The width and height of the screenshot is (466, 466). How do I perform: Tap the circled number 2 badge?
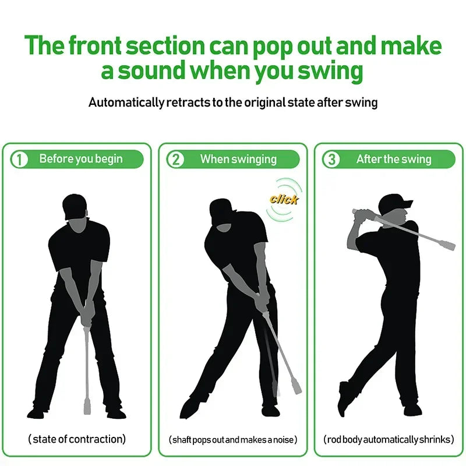coord(175,160)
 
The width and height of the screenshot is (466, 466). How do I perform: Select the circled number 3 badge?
coord(331,160)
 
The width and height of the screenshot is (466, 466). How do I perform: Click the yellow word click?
coord(284,199)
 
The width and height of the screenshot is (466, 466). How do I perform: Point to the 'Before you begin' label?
coord(81,159)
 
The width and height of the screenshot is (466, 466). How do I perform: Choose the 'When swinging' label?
coord(238,159)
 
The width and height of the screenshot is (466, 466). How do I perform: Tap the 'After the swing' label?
coord(394,159)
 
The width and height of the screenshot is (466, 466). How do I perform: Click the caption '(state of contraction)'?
coord(77,439)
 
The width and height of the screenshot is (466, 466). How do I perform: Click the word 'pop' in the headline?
coord(274,46)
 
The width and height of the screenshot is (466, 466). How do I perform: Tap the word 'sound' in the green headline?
coord(150,72)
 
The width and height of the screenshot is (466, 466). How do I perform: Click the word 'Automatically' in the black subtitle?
coord(126,103)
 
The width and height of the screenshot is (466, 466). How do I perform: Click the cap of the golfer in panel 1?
coord(75,205)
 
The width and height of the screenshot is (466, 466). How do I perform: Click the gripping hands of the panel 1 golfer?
coord(87,312)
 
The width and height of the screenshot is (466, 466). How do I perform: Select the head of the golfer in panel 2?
coord(221,216)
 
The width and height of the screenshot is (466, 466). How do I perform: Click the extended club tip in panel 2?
coord(297,384)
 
